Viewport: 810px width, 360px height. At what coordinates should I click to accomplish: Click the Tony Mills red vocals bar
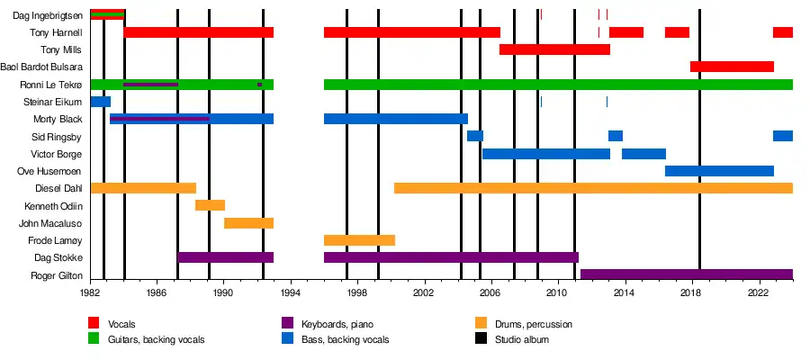[x=554, y=49]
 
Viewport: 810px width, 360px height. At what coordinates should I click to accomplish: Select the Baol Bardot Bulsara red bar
[x=732, y=67]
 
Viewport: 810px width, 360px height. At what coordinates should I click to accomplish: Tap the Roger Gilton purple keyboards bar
[x=686, y=274]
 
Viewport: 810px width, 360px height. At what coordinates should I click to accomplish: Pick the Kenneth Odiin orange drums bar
[x=210, y=205]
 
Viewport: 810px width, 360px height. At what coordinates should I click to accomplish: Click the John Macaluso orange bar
[x=248, y=222]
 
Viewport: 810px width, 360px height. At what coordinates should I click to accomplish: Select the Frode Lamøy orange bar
[x=359, y=240]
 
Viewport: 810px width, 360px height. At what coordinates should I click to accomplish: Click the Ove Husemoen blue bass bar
[x=719, y=171]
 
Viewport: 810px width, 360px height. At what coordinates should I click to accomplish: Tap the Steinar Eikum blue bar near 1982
[x=100, y=102]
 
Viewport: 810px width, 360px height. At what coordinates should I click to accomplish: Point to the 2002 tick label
[x=424, y=293]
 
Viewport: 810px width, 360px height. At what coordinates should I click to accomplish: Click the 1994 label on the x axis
[x=290, y=293]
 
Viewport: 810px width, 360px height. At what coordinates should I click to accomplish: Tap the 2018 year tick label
[x=691, y=293]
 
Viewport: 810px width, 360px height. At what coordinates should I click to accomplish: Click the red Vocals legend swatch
[x=94, y=323]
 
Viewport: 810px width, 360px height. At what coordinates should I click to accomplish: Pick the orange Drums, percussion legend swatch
[x=480, y=323]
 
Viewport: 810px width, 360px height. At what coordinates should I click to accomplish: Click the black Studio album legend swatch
[x=480, y=339]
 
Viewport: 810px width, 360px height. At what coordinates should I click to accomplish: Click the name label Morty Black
[x=58, y=119]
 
